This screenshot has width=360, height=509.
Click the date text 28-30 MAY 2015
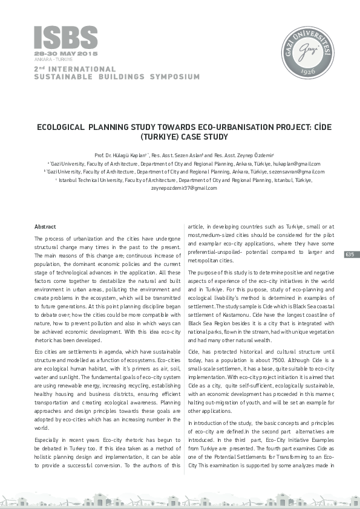point(57,54)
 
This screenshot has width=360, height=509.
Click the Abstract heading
point(46,226)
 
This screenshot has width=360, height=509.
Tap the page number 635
point(350,254)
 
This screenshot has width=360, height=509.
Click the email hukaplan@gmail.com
point(298,164)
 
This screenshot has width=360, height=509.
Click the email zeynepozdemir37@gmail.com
point(180,188)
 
